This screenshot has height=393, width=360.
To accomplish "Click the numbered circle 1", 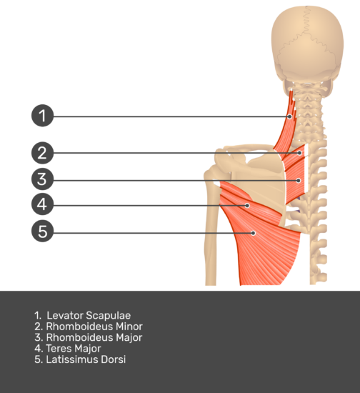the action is click(x=42, y=116).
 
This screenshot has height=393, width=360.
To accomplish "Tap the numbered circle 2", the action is click(x=42, y=153).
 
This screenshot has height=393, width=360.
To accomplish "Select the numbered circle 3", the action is click(x=42, y=179).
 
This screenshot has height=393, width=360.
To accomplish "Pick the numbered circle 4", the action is click(x=42, y=204).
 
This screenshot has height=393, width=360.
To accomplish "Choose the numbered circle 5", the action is click(x=42, y=231).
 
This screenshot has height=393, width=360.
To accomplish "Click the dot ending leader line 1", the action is click(x=290, y=116).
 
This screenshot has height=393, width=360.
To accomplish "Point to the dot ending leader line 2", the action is click(x=299, y=153).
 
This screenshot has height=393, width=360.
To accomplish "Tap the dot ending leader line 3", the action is click(x=299, y=181).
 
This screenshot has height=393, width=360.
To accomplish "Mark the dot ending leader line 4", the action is click(x=247, y=206).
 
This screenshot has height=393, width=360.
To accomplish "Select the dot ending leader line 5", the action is click(x=254, y=233).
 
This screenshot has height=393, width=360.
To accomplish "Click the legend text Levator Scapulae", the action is click(x=89, y=315).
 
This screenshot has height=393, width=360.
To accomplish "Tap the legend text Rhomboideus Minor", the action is click(x=94, y=327).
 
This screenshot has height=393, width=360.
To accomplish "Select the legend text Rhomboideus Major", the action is click(x=94, y=337).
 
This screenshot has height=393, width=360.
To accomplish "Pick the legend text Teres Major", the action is click(x=74, y=349).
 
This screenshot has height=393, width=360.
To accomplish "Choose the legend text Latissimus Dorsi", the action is click(x=86, y=359).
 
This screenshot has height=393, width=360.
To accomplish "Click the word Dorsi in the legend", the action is click(x=114, y=359).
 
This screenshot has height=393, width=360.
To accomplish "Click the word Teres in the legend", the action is click(x=59, y=349).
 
